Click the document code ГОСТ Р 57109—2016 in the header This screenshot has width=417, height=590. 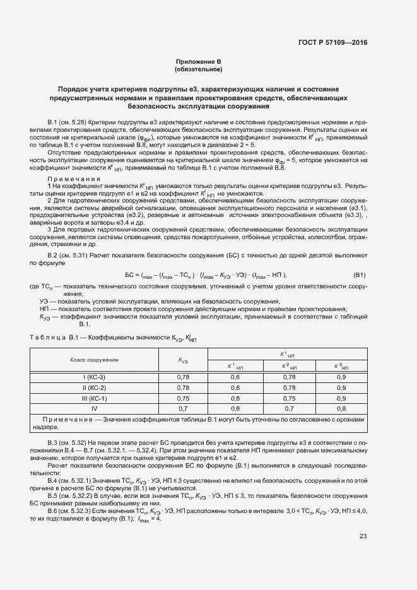click(x=332, y=43)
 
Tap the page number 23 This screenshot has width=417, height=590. click(x=363, y=501)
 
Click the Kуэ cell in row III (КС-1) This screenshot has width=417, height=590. click(x=184, y=398)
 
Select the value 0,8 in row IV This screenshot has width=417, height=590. click(x=341, y=408)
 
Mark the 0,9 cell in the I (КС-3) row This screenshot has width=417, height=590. click(x=341, y=377)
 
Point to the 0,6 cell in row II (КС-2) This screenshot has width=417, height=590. click(x=235, y=387)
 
